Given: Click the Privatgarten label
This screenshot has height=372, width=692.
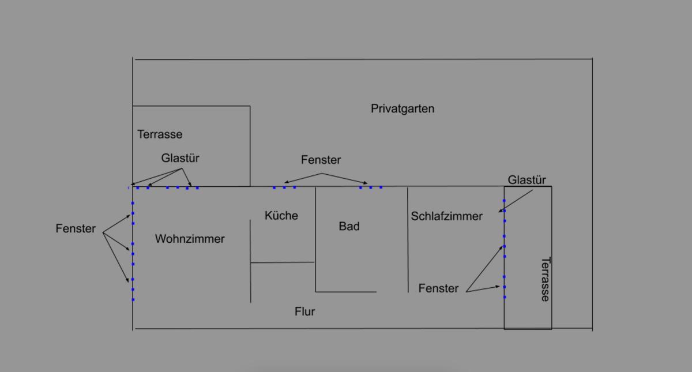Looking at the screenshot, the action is [x=403, y=109].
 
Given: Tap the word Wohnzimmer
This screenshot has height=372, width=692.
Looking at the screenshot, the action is [x=190, y=239].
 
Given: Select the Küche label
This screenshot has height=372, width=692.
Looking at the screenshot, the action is [x=281, y=215].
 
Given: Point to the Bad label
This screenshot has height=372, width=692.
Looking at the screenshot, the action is [x=349, y=226].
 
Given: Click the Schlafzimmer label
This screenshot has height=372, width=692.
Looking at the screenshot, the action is [x=446, y=216].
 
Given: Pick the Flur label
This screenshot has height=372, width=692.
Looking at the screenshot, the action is [x=304, y=311].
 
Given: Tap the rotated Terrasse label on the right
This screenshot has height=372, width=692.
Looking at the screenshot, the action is [x=546, y=279].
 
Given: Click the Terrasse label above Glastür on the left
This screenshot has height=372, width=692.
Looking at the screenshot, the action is [x=160, y=134].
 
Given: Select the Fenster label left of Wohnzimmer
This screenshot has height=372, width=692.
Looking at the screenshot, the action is [x=76, y=228].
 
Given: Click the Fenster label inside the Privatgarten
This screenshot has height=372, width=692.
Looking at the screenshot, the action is [x=321, y=160].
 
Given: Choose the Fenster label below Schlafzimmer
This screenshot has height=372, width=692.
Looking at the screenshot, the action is [x=438, y=288].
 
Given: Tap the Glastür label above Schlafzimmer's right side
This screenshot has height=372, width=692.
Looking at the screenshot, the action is [x=526, y=180].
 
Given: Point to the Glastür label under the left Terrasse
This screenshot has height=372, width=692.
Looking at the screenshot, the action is [x=180, y=158].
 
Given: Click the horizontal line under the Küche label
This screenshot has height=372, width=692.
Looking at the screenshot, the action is [x=283, y=262].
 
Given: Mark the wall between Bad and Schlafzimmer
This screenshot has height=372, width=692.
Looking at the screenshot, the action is [x=408, y=239].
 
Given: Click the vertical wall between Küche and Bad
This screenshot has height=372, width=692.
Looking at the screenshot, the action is [x=315, y=239].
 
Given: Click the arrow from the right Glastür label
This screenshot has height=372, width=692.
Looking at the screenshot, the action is [x=516, y=201].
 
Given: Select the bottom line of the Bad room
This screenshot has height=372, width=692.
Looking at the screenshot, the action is [x=345, y=292].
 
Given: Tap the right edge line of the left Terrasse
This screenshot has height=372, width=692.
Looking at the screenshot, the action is [x=250, y=146].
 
